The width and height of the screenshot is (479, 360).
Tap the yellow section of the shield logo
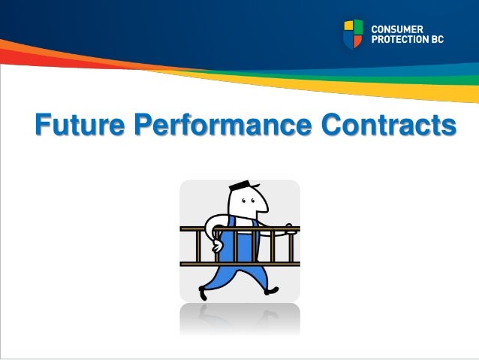(x=348, y=27)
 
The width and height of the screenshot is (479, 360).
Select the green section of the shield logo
(x=358, y=27)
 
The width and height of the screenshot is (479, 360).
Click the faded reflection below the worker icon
(x=239, y=319)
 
